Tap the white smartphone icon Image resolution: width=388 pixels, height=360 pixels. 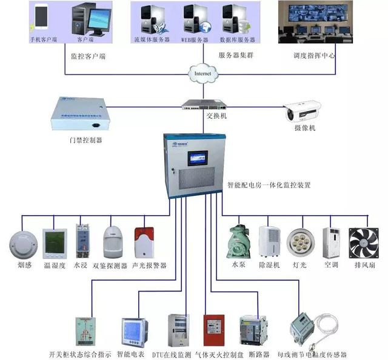(x=41, y=18)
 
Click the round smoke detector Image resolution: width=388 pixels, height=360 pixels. (x=22, y=244)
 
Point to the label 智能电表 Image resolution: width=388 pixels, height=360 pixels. (x=132, y=354)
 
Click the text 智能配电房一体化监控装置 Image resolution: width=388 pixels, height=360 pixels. (x=269, y=185)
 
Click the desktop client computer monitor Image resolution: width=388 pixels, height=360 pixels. (x=96, y=21)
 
